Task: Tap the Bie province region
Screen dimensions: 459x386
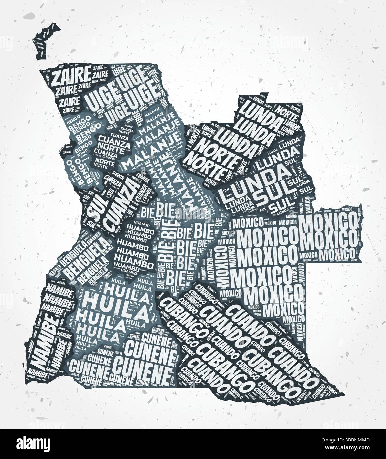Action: (x=178, y=244)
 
